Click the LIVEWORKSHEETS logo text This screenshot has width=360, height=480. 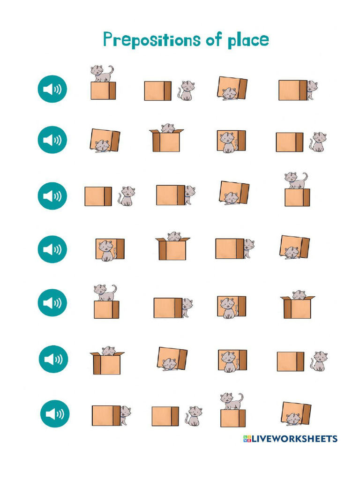click(290, 439)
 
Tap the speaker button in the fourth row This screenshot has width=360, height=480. click(52, 249)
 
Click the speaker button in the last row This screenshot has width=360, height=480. click(55, 413)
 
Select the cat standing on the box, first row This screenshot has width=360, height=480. click(101, 73)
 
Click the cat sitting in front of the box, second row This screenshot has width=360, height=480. click(228, 142)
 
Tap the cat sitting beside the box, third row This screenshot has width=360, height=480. click(127, 196)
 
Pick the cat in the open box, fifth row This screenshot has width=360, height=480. click(299, 295)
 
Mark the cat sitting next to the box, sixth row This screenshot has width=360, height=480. click(320, 361)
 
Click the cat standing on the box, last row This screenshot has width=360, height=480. click(232, 401)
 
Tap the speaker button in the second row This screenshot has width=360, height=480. click(52, 140)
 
